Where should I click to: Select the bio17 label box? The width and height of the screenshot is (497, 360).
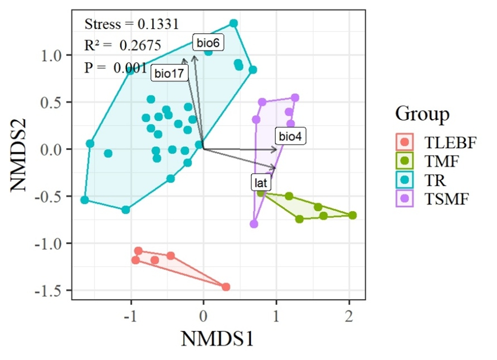pos(169,74)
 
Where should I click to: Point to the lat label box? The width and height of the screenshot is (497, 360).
pos(261,183)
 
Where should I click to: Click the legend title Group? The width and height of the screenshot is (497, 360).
pos(422,114)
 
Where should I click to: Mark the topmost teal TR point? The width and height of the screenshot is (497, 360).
pos(234,23)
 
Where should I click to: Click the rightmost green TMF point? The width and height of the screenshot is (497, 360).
pos(352,216)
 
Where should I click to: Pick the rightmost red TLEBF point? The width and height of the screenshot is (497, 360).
pos(226,287)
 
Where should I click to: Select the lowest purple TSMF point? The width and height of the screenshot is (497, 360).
pos(254,224)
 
